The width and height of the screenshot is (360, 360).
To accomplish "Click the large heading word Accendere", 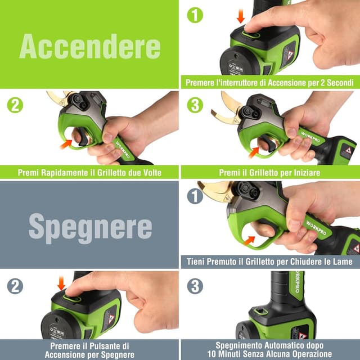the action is [x=90, y=46].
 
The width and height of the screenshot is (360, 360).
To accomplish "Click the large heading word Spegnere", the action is [x=90, y=227].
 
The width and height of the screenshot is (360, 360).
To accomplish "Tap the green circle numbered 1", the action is [x=195, y=15].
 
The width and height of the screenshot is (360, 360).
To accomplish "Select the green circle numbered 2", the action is [x=15, y=105].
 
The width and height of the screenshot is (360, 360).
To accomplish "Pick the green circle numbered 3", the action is [x=195, y=105].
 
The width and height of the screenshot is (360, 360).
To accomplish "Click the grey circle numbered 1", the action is [x=195, y=196].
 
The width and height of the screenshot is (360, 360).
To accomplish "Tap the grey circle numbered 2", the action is [x=15, y=286].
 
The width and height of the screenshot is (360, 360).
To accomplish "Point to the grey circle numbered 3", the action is [x=195, y=286].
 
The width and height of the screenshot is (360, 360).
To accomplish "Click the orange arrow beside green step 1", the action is [x=241, y=16].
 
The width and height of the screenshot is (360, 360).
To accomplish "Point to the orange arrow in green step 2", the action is [x=66, y=145].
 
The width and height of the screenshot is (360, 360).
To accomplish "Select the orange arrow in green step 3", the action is [x=254, y=152].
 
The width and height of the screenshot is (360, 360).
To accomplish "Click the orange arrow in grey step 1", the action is [x=249, y=240].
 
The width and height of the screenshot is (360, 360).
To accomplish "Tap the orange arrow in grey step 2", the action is [x=61, y=283].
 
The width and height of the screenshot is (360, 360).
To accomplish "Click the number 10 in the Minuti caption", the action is [x=211, y=354].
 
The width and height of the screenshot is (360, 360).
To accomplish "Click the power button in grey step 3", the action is [x=260, y=311].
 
